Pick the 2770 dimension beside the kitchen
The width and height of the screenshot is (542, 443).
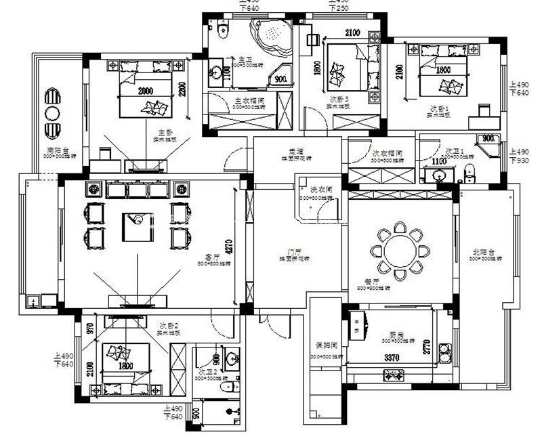click(x=427, y=347)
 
